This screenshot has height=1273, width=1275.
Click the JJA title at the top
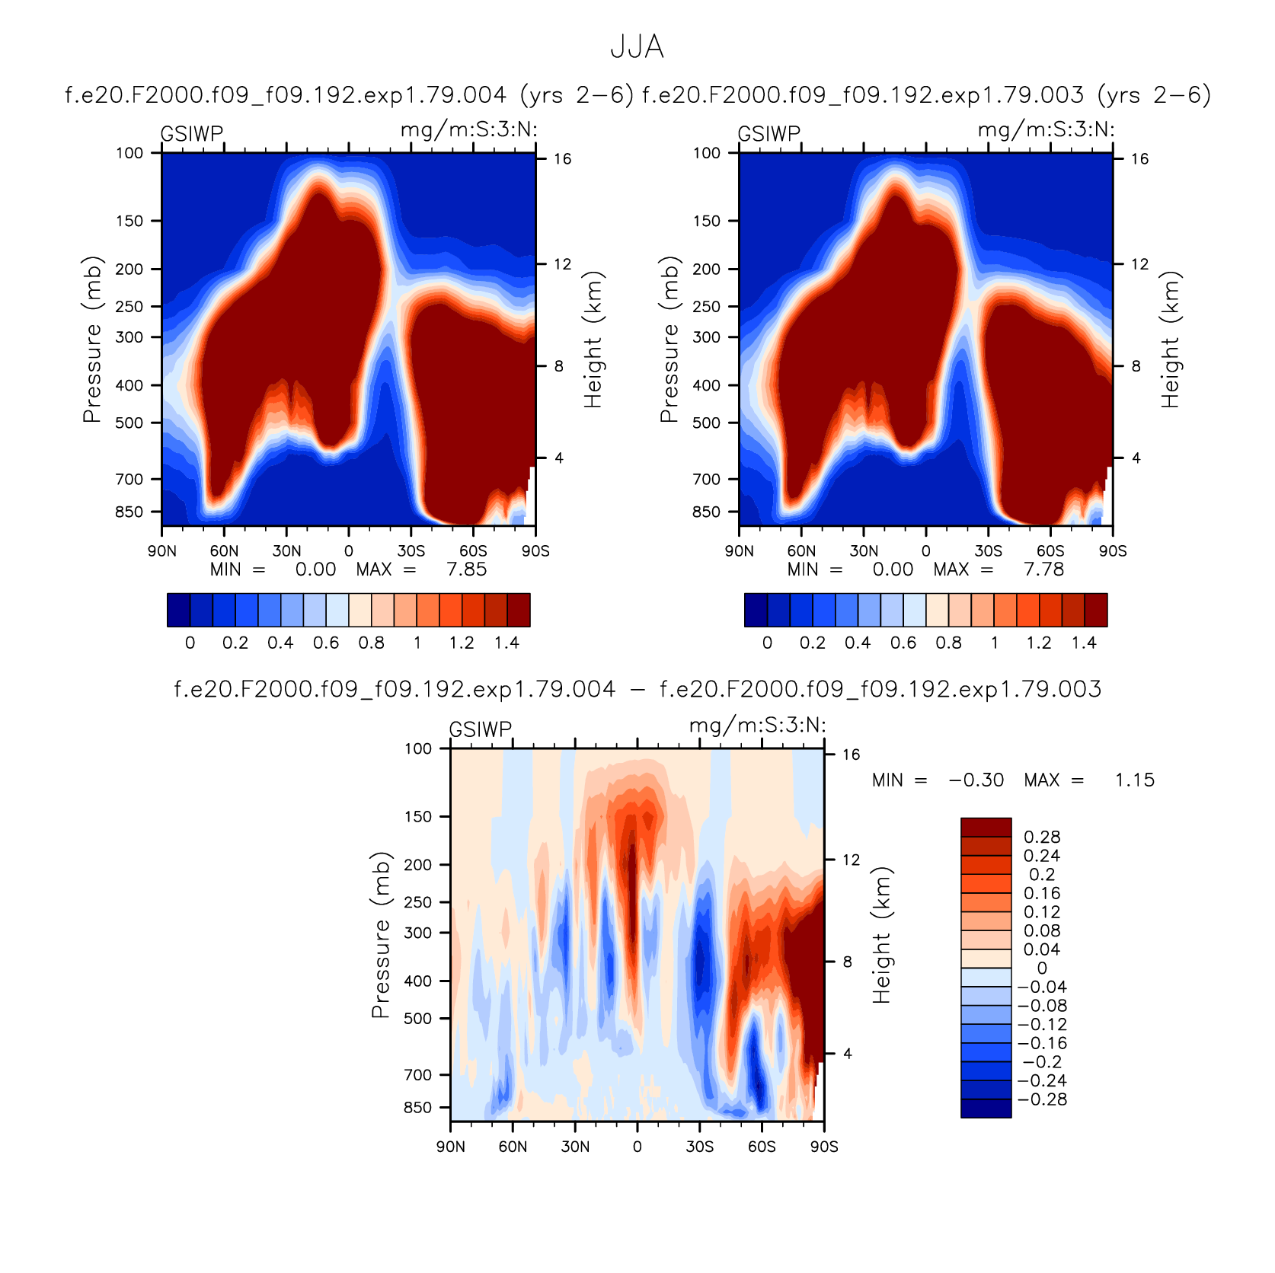(x=637, y=47)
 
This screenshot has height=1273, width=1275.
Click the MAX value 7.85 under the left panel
(x=466, y=569)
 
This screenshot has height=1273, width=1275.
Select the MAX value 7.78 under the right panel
(x=1043, y=569)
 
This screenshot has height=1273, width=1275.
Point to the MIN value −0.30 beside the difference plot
(x=976, y=780)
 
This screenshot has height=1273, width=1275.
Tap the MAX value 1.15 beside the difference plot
(x=1135, y=780)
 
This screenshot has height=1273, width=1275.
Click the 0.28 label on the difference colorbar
(x=1042, y=837)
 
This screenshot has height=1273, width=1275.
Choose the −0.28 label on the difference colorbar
(x=1042, y=1099)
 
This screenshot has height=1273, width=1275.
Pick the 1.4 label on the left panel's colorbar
(x=506, y=643)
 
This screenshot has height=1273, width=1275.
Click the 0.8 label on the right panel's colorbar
(x=948, y=643)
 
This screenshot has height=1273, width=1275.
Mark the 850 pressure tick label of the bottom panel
(x=417, y=1108)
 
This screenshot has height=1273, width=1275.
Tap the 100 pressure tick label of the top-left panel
(x=129, y=153)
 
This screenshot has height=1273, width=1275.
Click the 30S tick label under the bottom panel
(x=699, y=1147)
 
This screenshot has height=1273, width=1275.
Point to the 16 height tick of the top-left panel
(x=562, y=159)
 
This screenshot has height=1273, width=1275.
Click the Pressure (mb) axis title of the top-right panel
(x=669, y=340)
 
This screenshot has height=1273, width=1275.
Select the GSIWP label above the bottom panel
(x=481, y=729)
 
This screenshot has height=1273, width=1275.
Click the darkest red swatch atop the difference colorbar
(x=986, y=828)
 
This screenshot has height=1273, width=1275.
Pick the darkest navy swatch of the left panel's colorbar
(x=178, y=610)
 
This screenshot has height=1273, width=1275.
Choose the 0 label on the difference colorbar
(x=1042, y=968)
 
